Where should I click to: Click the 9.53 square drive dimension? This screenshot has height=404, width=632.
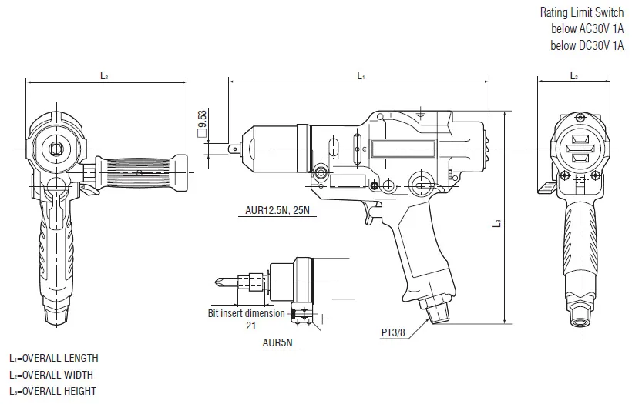203,124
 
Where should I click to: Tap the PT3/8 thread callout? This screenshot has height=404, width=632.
393,332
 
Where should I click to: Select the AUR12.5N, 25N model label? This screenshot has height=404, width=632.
277,210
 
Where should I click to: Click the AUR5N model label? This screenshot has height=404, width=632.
277,342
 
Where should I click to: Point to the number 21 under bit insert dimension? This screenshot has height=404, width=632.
250,326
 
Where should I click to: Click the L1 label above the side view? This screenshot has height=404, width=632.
361,75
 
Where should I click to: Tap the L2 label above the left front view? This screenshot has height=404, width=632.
104,75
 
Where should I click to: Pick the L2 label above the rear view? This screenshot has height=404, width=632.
574,75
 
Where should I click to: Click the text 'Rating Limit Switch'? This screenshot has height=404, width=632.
582,12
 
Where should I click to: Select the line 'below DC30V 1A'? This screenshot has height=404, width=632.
587,45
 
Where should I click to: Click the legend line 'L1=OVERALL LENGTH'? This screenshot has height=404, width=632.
54,358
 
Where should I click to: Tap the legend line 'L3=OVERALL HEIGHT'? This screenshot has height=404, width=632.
52,391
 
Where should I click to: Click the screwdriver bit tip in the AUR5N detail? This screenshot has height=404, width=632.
217,282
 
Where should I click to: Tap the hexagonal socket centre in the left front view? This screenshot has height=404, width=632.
55,149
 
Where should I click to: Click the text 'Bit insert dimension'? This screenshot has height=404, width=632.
247,313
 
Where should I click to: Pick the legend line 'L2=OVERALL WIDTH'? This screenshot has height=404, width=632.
51,375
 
